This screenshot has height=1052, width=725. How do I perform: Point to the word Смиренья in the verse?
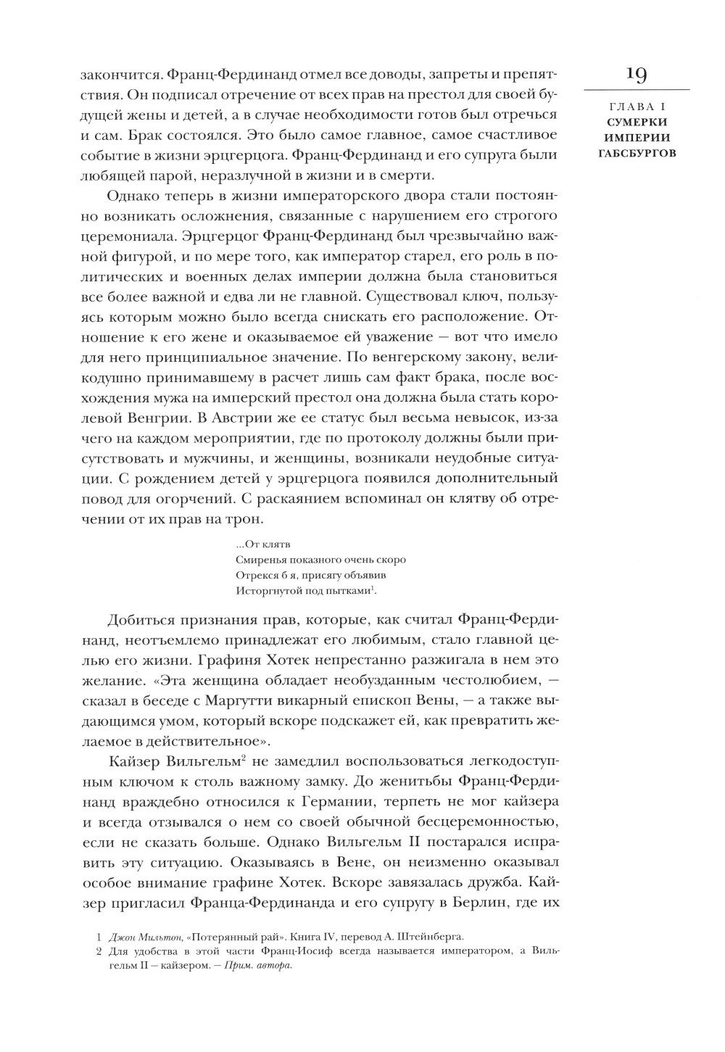coord(262,560)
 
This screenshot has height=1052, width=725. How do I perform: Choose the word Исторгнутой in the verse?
coord(266,590)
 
